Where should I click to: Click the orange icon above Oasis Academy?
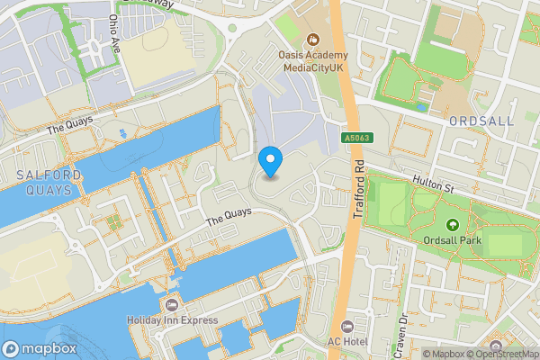pos(313,39)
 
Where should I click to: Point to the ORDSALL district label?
pos(481,121)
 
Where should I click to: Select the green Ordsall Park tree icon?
pos(452,225)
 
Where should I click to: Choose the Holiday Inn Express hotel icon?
pos(173,305)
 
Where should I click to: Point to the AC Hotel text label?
pos(347,341)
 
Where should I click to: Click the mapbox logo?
pos(38,347)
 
